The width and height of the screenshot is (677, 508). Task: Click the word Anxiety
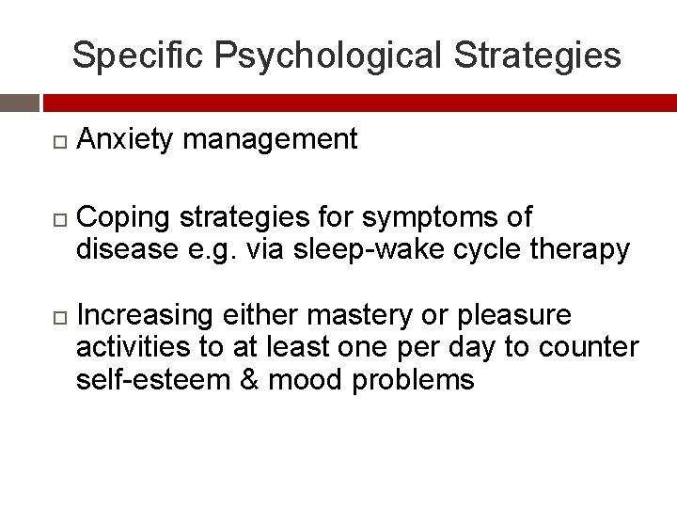tap(125, 140)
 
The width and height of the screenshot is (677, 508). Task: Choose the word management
tap(271, 140)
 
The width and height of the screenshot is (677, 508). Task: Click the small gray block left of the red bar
tap(19, 103)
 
